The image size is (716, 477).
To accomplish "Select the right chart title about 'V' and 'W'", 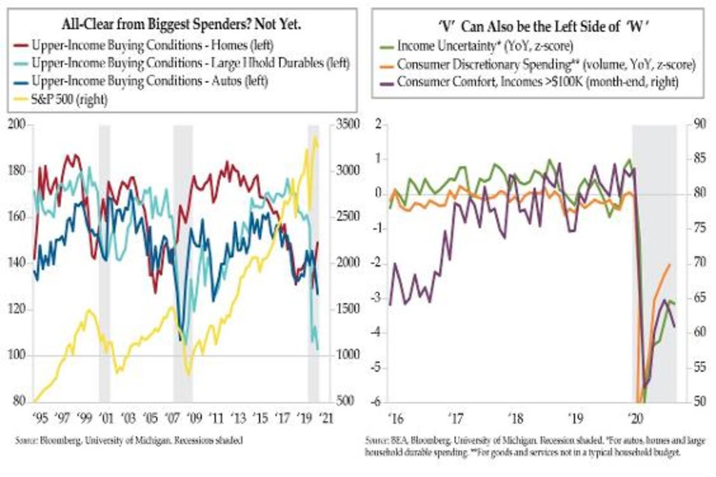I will (x=537, y=27).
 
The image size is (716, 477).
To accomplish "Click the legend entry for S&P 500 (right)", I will (x=69, y=100).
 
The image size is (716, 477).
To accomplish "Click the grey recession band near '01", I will (x=104, y=262).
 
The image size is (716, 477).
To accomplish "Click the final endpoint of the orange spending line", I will (x=669, y=265).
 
